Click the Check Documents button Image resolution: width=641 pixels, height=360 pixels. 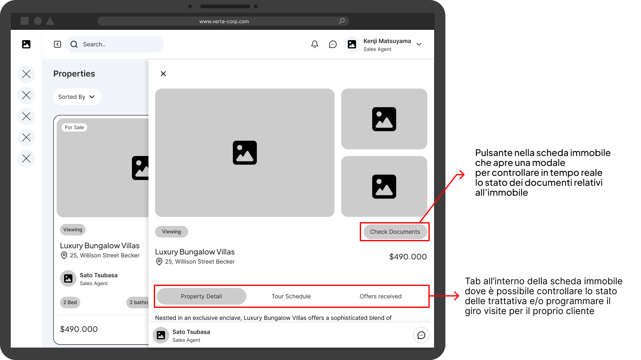(395, 232)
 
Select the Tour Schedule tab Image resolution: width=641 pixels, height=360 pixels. (291, 296)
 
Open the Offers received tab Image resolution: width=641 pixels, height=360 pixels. (380, 296)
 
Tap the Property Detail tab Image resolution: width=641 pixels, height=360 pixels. (201, 296)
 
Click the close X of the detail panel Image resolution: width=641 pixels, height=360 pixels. (163, 74)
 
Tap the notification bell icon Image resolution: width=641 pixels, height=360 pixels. (314, 44)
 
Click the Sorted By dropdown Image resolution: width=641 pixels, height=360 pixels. (77, 97)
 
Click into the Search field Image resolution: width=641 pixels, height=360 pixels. (115, 44)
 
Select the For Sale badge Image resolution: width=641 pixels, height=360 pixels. (74, 127)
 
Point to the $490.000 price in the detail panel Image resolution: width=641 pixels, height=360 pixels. (408, 257)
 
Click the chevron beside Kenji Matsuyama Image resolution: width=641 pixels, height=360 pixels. (419, 44)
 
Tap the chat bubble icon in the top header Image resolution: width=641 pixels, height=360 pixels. (333, 44)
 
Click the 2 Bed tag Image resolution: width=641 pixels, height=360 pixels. (70, 302)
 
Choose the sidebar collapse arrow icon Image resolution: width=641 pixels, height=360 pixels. (57, 44)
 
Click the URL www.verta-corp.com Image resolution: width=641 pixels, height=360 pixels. (224, 22)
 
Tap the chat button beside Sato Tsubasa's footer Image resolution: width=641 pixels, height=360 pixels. (421, 335)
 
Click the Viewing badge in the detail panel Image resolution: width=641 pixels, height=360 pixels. (171, 232)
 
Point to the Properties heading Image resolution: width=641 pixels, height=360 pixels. (74, 74)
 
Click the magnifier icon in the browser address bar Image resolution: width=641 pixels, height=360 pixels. (342, 21)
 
